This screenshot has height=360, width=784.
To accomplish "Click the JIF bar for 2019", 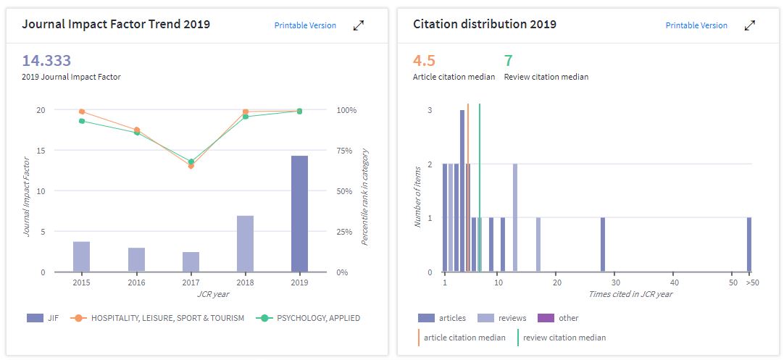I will (x=299, y=214).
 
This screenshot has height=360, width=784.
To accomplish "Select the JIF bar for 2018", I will (x=245, y=244).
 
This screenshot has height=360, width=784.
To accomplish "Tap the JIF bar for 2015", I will (x=81, y=256).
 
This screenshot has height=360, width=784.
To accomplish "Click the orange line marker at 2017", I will (x=191, y=166).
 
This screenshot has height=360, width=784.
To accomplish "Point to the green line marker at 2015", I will (x=81, y=121).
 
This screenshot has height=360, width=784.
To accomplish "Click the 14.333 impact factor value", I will (x=46, y=61).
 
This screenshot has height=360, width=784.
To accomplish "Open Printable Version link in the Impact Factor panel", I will (x=305, y=25).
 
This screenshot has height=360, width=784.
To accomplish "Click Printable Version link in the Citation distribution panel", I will (x=696, y=25).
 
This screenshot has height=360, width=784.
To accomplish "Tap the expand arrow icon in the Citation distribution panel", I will (x=750, y=25).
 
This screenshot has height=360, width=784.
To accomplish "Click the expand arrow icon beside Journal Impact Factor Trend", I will (x=359, y=25).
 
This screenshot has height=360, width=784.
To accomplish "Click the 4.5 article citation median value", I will (x=424, y=61).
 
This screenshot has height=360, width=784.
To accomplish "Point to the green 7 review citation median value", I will (x=508, y=61).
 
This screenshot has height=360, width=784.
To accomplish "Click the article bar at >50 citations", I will (x=749, y=245).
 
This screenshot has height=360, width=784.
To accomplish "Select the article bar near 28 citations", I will (x=602, y=245).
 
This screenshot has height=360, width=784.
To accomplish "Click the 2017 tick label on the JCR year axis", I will (x=191, y=282).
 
